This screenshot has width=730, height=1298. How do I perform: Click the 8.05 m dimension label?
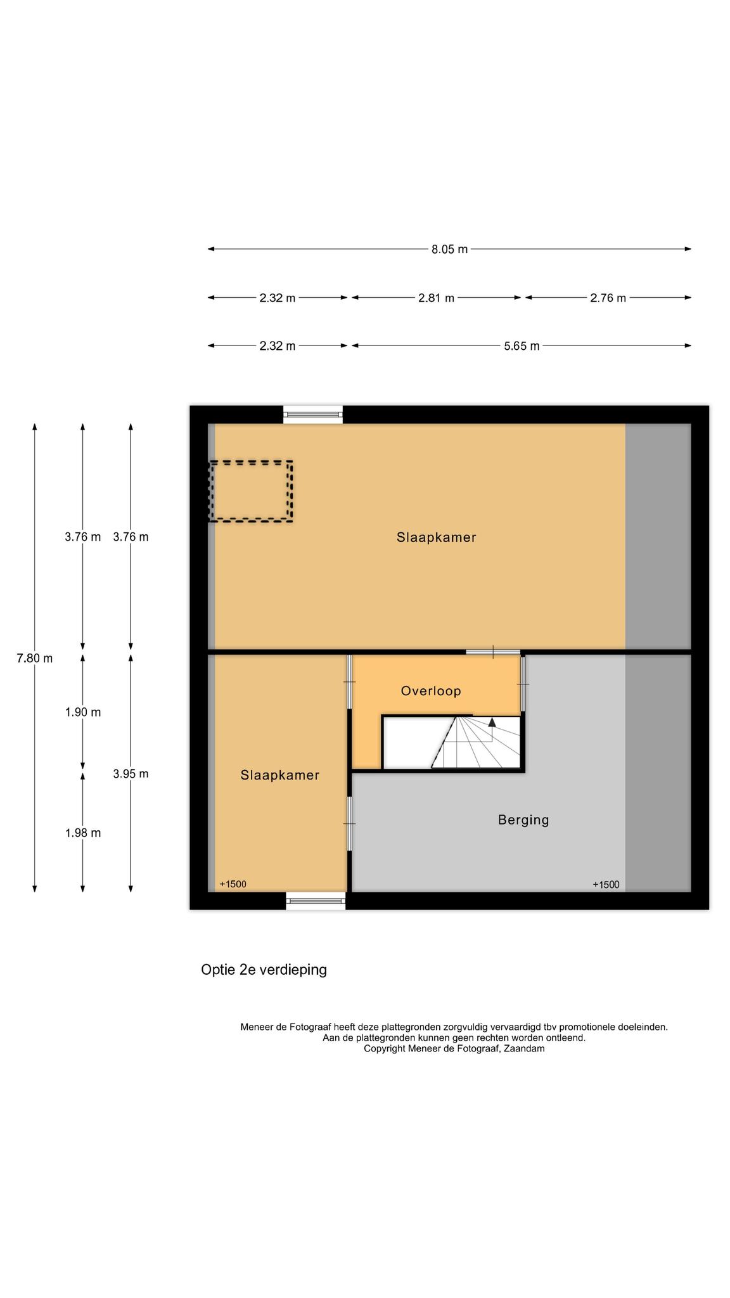449,249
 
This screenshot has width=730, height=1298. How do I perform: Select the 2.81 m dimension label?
436,298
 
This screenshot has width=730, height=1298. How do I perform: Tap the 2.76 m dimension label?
608,298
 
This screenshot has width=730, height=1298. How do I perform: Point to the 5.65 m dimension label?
522,346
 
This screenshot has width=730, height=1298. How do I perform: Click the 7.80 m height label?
35,658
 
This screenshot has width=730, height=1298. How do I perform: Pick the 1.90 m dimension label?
83,712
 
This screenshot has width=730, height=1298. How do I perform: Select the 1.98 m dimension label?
83,833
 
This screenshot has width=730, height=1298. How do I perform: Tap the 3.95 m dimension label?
131,773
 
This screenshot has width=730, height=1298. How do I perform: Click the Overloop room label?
431,691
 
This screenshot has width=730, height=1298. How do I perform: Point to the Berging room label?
523,819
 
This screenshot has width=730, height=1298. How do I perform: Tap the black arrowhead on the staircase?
492,722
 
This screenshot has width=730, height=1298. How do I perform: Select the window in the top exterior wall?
313,414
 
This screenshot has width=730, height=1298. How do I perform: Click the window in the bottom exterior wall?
316,901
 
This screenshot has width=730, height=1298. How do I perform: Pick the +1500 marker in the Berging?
606,884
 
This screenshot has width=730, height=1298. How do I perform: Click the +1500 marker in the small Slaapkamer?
233,884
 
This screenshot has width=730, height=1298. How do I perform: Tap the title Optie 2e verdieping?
264,969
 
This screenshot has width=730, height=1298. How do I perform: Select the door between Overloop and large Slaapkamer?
493,652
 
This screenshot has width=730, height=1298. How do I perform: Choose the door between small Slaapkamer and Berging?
349,823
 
